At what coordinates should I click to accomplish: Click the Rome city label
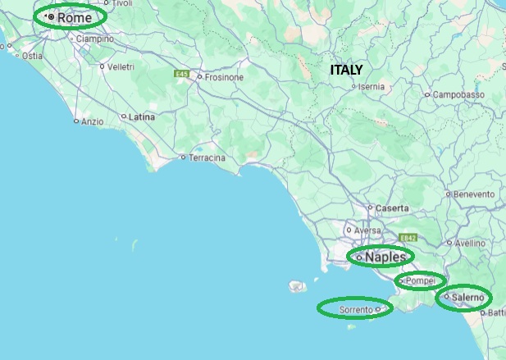(75, 16)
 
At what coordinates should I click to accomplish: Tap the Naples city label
(385, 257)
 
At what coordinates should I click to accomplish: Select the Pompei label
(423, 281)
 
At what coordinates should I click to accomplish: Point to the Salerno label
(467, 297)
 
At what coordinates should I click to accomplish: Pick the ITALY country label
(346, 71)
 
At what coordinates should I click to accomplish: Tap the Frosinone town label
(224, 78)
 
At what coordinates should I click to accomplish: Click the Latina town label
(142, 117)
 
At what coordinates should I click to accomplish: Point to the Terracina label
(207, 157)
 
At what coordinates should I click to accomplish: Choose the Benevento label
(474, 194)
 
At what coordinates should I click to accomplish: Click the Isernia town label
(372, 86)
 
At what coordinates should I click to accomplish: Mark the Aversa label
(368, 230)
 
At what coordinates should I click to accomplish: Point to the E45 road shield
(182, 75)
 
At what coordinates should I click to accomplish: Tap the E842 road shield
(408, 238)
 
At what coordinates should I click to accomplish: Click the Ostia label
(32, 56)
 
